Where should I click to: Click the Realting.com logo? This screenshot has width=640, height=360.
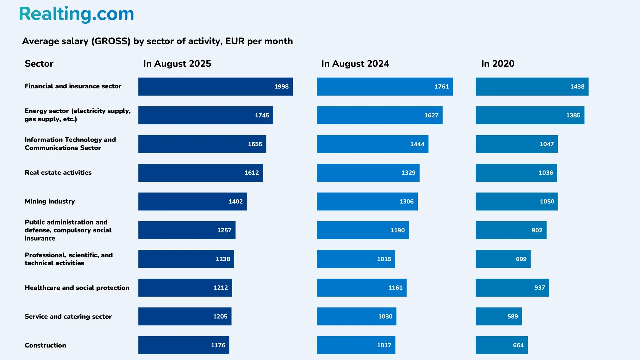pyautogui.click(x=76, y=14)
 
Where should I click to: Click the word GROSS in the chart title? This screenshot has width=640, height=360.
pyautogui.click(x=111, y=41)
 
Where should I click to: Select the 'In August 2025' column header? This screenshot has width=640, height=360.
pyautogui.click(x=177, y=64)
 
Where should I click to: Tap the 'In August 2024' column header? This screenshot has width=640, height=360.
pyautogui.click(x=355, y=64)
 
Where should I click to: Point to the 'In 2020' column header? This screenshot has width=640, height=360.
pyautogui.click(x=498, y=64)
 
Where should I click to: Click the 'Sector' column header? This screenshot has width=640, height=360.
pyautogui.click(x=39, y=64)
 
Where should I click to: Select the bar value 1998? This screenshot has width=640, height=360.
pyautogui.click(x=281, y=87)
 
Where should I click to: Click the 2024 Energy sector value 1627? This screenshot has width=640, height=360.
pyautogui.click(x=431, y=115)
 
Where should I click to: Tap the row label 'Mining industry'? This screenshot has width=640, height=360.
pyautogui.click(x=50, y=201)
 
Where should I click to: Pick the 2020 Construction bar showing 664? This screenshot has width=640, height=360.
pyautogui.click(x=501, y=345)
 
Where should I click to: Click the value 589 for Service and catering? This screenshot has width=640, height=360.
pyautogui.click(x=512, y=316)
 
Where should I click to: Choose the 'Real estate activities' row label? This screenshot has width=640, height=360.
pyautogui.click(x=58, y=173)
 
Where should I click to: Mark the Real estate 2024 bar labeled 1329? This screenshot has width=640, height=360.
pyautogui.click(x=368, y=173)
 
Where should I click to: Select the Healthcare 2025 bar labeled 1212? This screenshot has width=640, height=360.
pyautogui.click(x=185, y=288)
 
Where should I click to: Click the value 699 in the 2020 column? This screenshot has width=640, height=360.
pyautogui.click(x=521, y=259)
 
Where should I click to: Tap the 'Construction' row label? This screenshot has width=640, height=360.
pyautogui.click(x=45, y=345)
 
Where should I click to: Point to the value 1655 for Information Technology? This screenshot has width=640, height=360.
pyautogui.click(x=255, y=144)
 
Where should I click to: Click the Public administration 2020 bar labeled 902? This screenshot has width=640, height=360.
pyautogui.click(x=511, y=230)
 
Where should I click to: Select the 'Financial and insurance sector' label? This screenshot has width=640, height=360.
pyautogui.click(x=73, y=86)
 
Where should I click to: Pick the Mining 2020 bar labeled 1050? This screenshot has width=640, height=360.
pyautogui.click(x=516, y=201)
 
